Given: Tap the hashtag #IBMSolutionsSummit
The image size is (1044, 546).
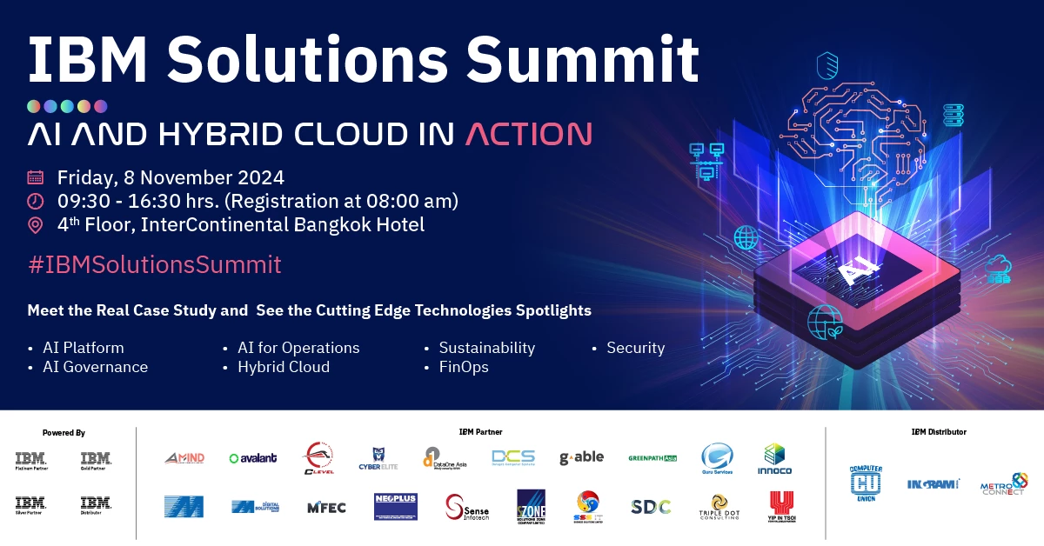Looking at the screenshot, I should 155,264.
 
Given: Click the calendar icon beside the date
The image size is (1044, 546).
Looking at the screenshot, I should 36,178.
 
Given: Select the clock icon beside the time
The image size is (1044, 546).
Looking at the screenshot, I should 36,202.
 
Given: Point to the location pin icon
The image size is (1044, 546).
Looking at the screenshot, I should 36,225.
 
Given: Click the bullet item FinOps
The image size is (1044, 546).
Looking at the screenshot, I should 464,367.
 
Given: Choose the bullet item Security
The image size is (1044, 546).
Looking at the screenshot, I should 635,348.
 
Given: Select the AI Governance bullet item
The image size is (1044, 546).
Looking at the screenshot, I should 95,367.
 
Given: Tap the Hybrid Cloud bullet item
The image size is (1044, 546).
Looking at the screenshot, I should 284,367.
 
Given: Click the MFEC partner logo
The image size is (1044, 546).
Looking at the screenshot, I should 326,507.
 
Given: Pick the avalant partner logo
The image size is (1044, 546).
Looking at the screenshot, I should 252,458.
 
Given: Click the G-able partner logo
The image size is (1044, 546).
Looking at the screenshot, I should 581,458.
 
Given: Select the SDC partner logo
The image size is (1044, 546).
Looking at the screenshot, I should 650,507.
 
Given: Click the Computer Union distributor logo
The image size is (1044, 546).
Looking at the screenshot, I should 866,483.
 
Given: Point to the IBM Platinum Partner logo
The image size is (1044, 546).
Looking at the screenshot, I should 30,460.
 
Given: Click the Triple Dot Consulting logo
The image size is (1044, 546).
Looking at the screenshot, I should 718,506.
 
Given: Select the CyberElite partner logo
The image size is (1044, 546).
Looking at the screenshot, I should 379,458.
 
